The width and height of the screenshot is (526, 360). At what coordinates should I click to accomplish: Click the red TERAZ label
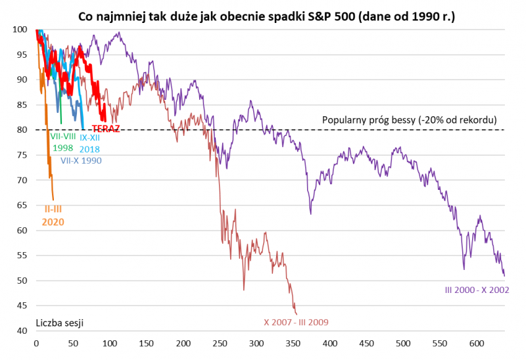click(105, 129)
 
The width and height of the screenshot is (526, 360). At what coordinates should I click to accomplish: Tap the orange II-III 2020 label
click(53, 215)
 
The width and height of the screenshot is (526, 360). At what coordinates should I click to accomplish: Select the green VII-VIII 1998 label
click(63, 142)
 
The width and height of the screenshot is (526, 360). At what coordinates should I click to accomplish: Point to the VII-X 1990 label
click(81, 160)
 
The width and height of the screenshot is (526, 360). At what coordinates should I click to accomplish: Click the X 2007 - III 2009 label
click(296, 323)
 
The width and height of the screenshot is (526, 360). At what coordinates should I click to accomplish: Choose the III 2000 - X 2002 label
click(477, 289)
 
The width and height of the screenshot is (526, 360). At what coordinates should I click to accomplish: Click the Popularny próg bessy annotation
click(409, 120)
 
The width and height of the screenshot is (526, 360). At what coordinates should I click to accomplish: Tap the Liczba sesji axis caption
click(59, 323)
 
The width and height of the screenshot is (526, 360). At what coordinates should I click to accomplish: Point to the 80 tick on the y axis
click(22, 130)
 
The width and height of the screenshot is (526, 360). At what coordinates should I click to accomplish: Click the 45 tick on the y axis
click(22, 306)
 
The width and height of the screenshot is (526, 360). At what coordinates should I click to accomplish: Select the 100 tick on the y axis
click(20, 30)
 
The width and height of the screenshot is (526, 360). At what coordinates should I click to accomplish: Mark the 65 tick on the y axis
click(22, 206)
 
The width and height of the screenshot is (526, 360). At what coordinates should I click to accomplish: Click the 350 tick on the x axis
click(293, 343)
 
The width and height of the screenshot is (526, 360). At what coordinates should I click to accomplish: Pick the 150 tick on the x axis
click(146, 343)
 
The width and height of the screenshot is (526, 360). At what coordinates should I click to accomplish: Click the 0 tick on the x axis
click(36, 343)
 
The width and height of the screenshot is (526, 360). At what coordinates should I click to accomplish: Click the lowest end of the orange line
click(53, 200)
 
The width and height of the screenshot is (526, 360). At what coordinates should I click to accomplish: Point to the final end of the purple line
click(504, 276)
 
